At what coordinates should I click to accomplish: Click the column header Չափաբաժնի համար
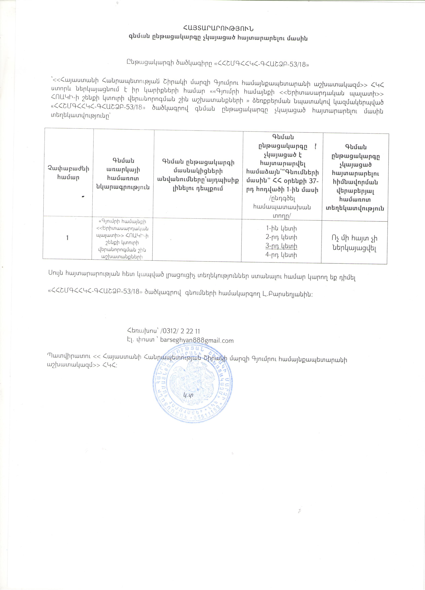68,173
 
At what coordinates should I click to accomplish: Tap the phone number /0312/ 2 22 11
180,331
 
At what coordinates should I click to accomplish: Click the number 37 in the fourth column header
311,181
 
